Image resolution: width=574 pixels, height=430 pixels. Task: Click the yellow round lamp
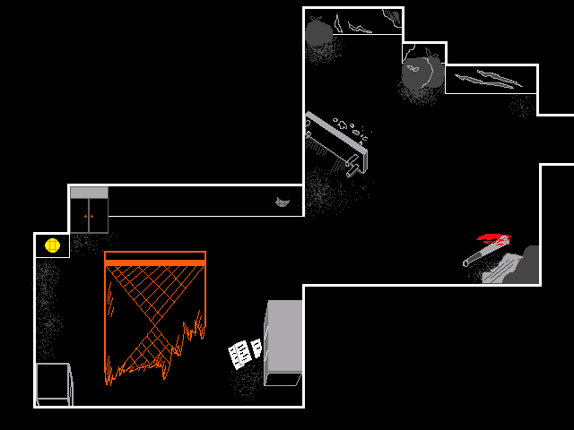click(52, 245)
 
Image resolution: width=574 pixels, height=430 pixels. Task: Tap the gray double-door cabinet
click(89, 211)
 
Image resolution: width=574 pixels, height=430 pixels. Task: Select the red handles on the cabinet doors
click(89, 217)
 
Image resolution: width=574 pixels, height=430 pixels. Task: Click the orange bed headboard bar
click(155, 262)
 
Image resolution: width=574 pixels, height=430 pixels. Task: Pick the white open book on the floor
click(240, 354)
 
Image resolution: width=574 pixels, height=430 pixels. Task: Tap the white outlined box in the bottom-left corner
click(53, 384)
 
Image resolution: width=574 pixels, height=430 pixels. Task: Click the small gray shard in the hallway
click(284, 202)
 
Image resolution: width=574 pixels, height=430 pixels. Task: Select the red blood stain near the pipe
click(491, 238)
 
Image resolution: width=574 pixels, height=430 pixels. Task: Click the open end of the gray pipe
click(466, 262)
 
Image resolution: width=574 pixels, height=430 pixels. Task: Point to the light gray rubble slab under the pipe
click(500, 270)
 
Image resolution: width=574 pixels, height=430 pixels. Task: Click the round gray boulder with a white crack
click(418, 72)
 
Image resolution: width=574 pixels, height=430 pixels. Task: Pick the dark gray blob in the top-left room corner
click(317, 32)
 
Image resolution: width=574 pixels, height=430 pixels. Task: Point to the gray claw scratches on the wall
click(488, 80)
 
